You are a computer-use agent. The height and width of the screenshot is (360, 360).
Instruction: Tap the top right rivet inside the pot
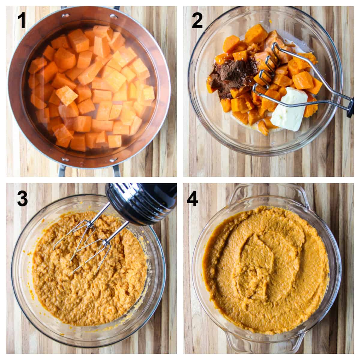[x=114, y=16]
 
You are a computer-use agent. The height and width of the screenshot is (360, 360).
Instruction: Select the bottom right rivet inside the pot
[x=114, y=159]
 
